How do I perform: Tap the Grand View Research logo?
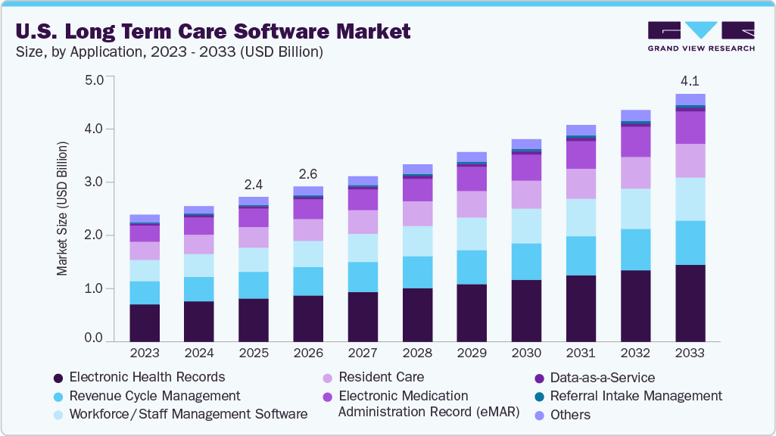click(700, 36)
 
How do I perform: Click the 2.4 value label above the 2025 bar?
click(254, 184)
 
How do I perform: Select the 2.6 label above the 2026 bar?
click(308, 173)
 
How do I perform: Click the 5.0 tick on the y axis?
click(93, 79)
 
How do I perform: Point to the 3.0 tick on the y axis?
click(93, 182)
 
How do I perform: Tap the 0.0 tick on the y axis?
click(93, 338)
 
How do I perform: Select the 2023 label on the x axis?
click(145, 353)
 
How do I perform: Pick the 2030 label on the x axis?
click(526, 353)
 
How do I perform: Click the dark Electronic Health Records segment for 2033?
click(690, 303)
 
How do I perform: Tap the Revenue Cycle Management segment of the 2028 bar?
click(417, 272)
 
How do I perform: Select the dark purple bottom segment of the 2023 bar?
click(145, 322)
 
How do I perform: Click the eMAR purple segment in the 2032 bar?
click(635, 142)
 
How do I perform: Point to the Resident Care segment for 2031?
click(581, 183)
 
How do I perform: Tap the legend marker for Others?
click(539, 416)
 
